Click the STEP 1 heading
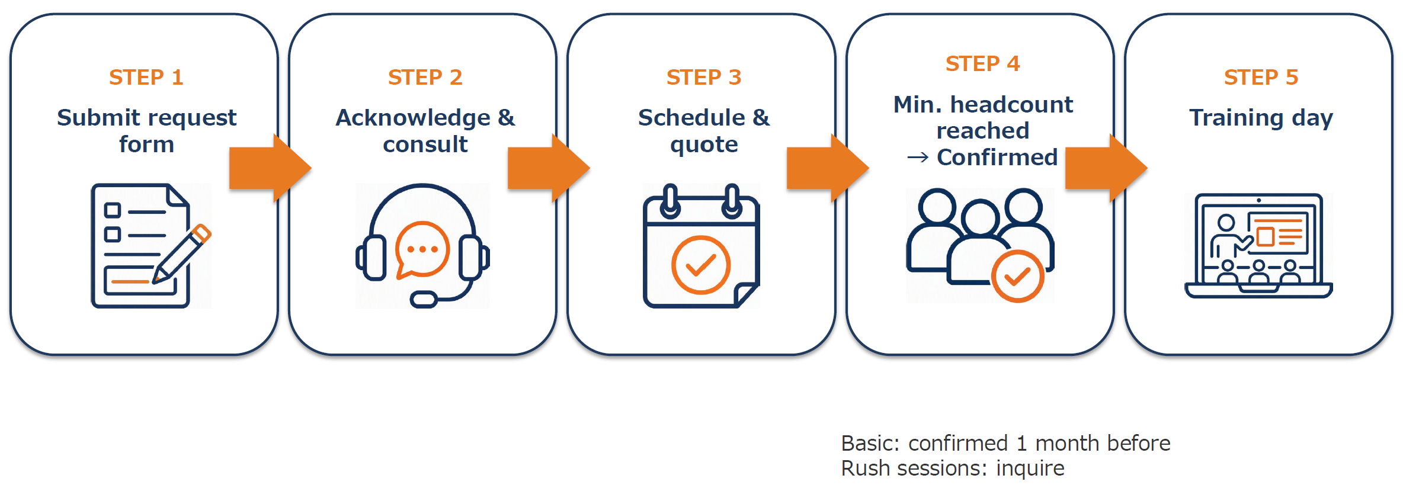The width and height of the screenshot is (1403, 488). click(x=146, y=78)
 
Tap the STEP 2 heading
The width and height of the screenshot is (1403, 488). click(x=425, y=78)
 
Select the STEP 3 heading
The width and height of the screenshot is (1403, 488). click(x=704, y=78)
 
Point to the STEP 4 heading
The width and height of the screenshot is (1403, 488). click(x=982, y=64)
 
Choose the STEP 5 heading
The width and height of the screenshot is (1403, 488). click(x=1261, y=78)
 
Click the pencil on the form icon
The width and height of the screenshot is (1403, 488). click(x=182, y=253)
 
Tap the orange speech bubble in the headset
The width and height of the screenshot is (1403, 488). click(x=422, y=250)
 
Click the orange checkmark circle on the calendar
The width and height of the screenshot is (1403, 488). click(x=701, y=265)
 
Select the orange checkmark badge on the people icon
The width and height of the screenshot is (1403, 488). click(x=1017, y=276)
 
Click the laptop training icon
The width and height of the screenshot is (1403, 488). click(x=1258, y=245)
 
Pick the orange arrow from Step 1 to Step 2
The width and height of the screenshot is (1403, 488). click(x=270, y=168)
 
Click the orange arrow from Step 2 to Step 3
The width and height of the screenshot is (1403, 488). click(x=549, y=168)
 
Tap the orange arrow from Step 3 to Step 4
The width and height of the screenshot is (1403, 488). click(x=828, y=168)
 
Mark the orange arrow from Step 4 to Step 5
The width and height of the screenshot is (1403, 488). click(x=1106, y=168)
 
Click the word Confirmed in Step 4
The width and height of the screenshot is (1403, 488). click(x=997, y=158)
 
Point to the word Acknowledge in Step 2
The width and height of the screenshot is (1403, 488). click(x=413, y=118)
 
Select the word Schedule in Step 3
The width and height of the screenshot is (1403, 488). click(x=691, y=118)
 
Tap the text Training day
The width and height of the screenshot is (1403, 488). click(x=1261, y=118)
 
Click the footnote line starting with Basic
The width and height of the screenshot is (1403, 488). click(x=1005, y=443)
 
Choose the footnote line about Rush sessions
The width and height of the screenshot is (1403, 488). click(x=953, y=468)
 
